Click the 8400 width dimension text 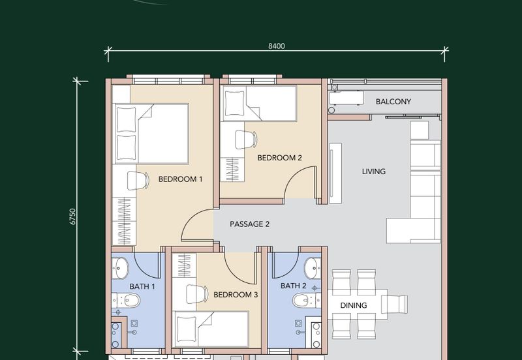pyautogui.click(x=277, y=46)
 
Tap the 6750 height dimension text pyautogui.click(x=73, y=217)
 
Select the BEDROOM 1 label pyautogui.click(x=180, y=179)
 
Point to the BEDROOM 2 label pyautogui.click(x=280, y=158)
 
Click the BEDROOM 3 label pyautogui.click(x=236, y=294)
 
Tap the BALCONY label pyautogui.click(x=393, y=102)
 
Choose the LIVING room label pyautogui.click(x=374, y=172)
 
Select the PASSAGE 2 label pyautogui.click(x=250, y=224)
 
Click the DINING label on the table pyautogui.click(x=354, y=305)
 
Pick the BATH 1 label pyautogui.click(x=142, y=286)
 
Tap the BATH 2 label pyautogui.click(x=293, y=286)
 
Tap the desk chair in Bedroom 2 pyautogui.click(x=246, y=140)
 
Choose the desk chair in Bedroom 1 pyautogui.click(x=138, y=181)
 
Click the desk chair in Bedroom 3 pyautogui.click(x=196, y=293)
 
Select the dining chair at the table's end pyautogui.click(x=397, y=305)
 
